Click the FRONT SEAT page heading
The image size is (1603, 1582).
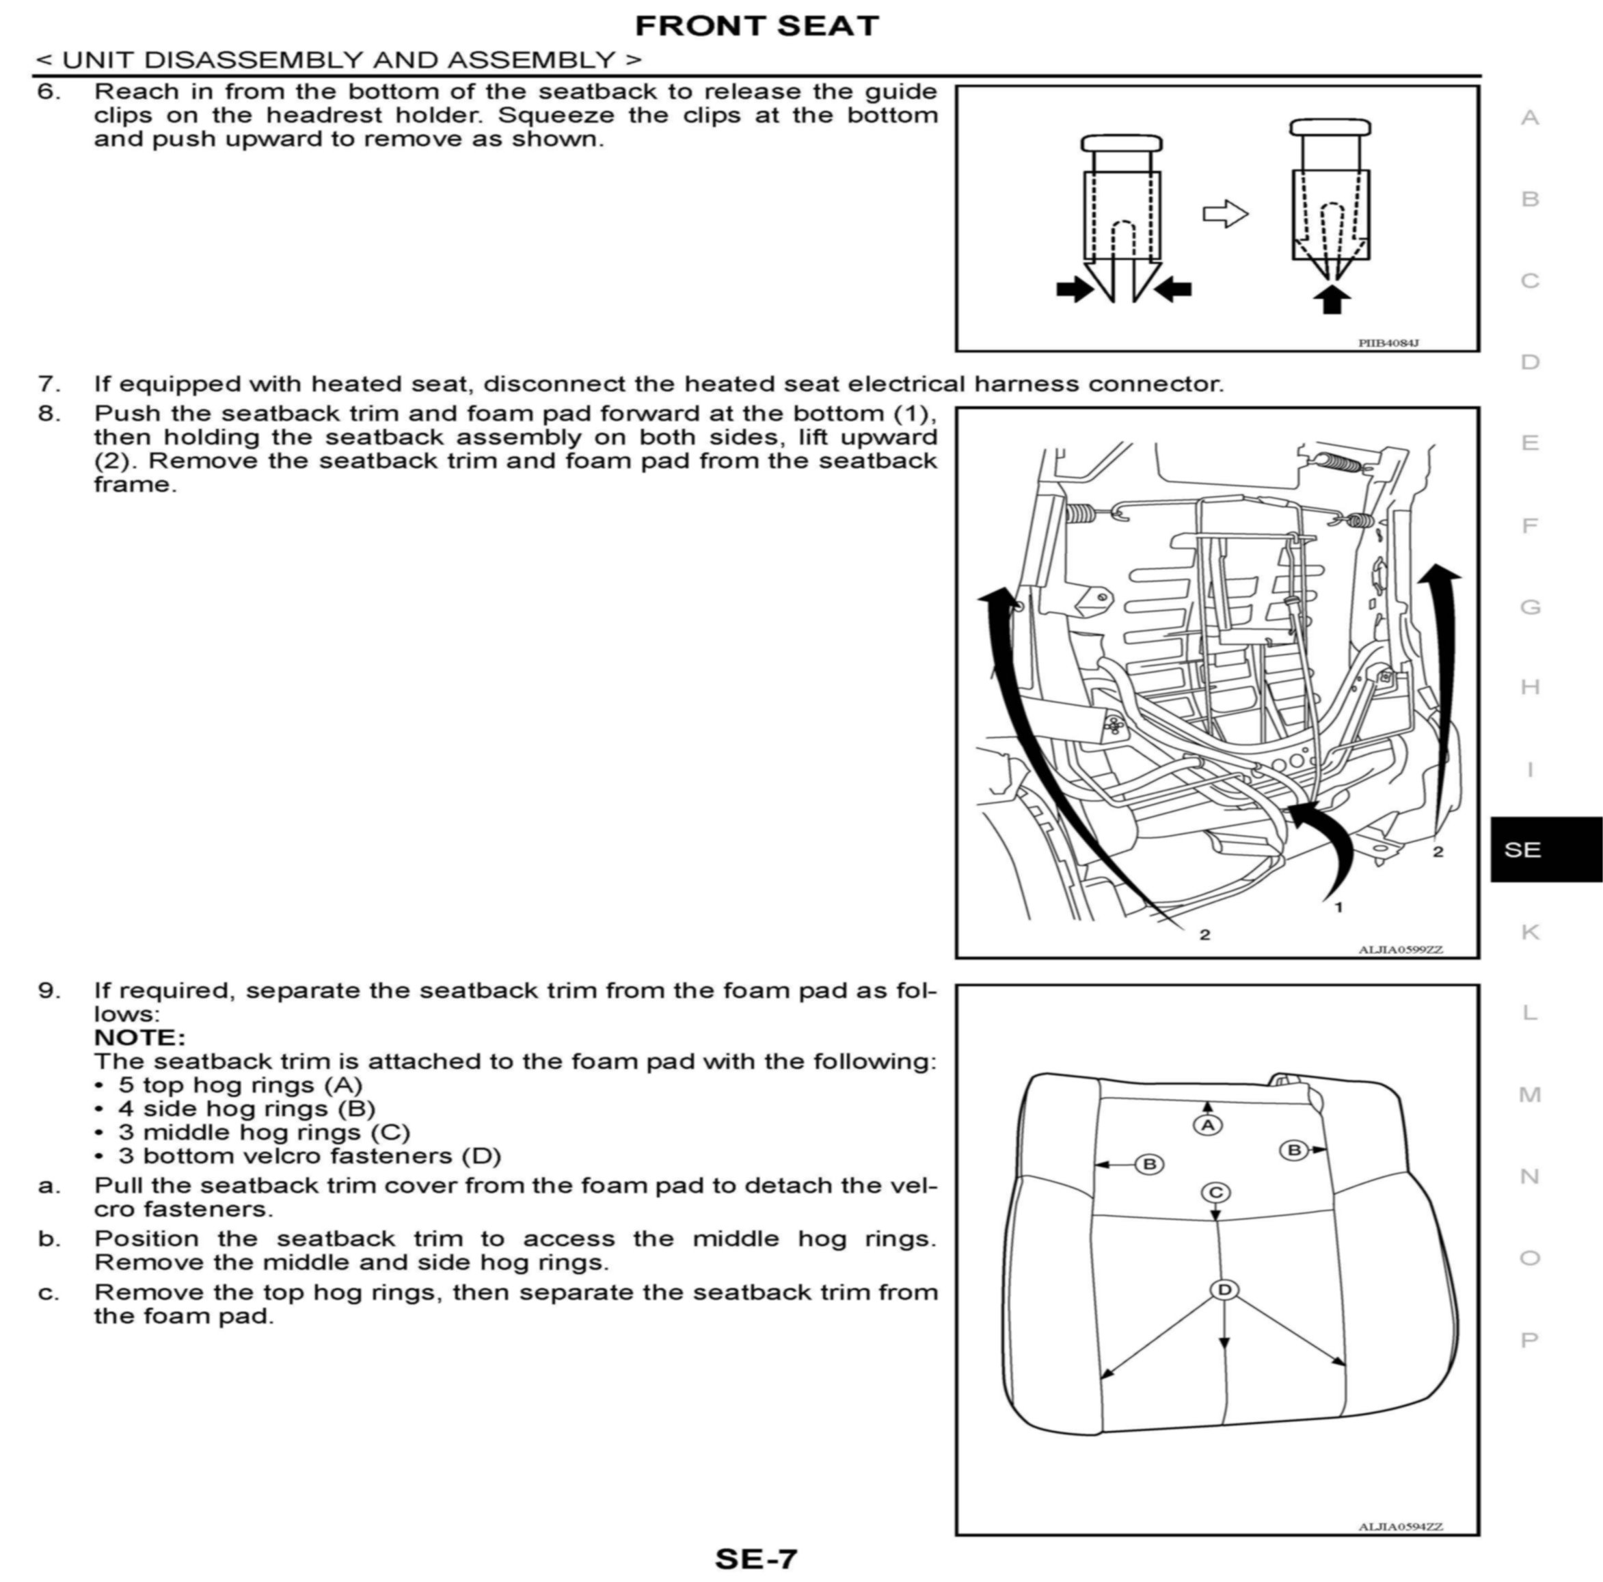[x=756, y=26]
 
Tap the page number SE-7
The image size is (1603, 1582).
[x=755, y=1558]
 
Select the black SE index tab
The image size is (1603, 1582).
[x=1545, y=849]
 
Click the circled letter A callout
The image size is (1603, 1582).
[x=1207, y=1124]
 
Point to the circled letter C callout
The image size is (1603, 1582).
[x=1215, y=1193]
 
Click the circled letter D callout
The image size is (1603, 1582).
[x=1224, y=1290]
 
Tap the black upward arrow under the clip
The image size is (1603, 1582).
[x=1332, y=299]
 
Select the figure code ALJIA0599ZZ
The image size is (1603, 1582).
[x=1401, y=949]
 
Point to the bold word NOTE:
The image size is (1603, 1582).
[x=139, y=1038]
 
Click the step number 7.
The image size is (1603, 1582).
[x=48, y=384]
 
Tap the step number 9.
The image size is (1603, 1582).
[x=48, y=990]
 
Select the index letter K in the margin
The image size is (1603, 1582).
[x=1530, y=932]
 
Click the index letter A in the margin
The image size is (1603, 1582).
[x=1530, y=118]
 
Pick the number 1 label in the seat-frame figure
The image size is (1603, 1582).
[x=1338, y=907]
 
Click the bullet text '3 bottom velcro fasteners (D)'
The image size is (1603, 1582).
[x=310, y=1155]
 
